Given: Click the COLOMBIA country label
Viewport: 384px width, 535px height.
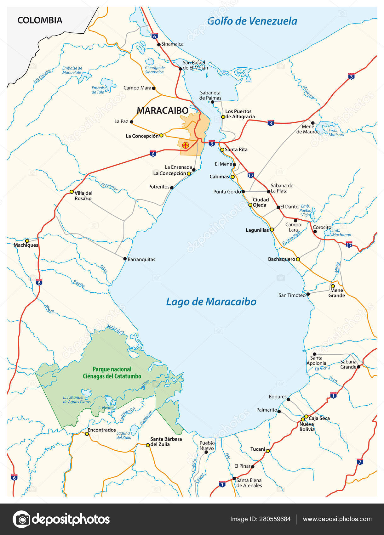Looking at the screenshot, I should [40, 20].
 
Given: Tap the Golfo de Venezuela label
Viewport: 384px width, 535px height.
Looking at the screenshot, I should [252, 21].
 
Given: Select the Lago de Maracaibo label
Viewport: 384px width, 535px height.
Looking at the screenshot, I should [211, 301].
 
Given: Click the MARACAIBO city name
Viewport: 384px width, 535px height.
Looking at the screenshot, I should [163, 110].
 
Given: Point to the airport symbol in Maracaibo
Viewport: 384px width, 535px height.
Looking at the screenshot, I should [186, 145].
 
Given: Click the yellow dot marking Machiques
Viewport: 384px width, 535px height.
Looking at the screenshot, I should [27, 241].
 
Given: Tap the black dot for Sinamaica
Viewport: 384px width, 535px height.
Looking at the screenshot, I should [159, 45].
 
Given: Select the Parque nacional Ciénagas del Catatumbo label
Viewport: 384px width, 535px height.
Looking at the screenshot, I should [112, 373].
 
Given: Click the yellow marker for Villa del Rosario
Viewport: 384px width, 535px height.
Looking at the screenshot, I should [72, 192].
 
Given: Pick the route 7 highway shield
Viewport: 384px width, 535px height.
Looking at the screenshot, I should [360, 462].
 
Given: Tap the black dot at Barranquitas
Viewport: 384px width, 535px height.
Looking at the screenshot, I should [125, 259].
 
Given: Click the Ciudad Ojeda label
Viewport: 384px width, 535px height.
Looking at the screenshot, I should [261, 202].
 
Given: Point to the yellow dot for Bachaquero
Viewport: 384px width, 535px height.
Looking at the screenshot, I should [298, 259].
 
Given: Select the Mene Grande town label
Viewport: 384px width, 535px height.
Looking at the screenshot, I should [336, 293].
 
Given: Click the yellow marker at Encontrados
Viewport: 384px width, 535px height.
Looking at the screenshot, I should [87, 434].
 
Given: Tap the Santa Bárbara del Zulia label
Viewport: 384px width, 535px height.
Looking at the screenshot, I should [166, 442].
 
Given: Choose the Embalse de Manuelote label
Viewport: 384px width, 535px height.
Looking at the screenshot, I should [72, 70].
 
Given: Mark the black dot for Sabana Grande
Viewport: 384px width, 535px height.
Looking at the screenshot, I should [358, 367].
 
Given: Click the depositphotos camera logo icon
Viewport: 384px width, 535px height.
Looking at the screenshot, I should [21, 519].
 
